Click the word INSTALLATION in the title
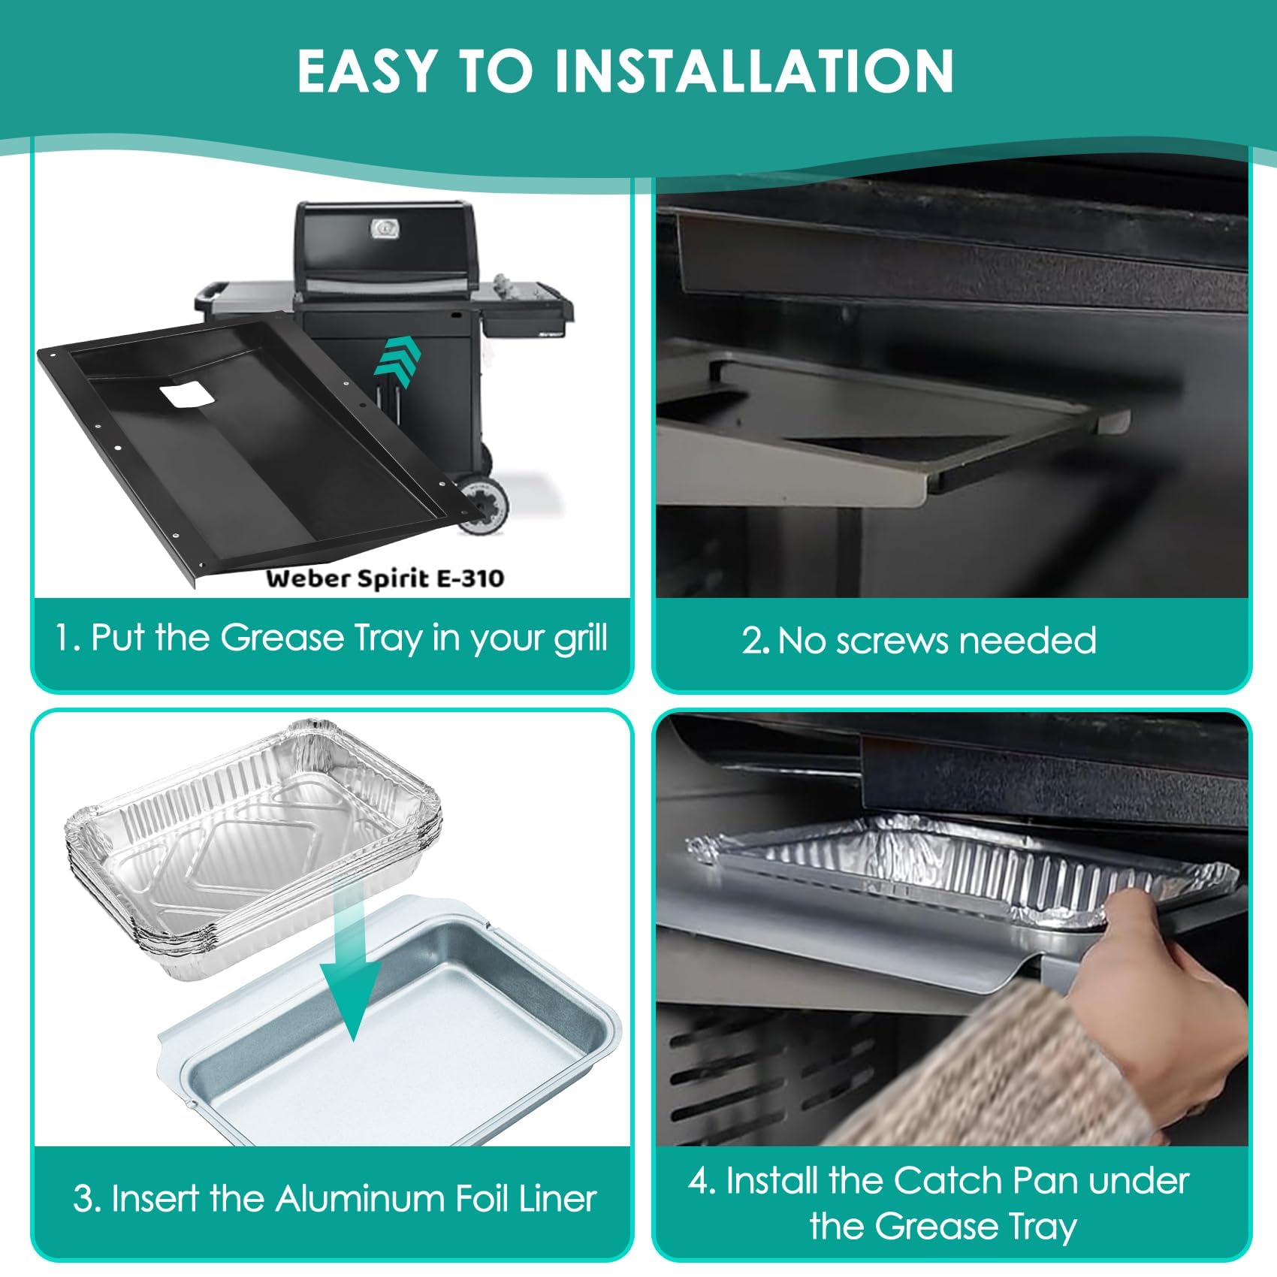pyautogui.click(x=753, y=71)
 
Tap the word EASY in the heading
pyautogui.click(x=367, y=71)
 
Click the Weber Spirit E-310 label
pyautogui.click(x=385, y=578)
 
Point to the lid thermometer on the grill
pyautogui.click(x=385, y=228)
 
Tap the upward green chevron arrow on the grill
pyautogui.click(x=398, y=363)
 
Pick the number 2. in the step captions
pyautogui.click(x=755, y=641)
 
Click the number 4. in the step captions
pyautogui.click(x=702, y=1181)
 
